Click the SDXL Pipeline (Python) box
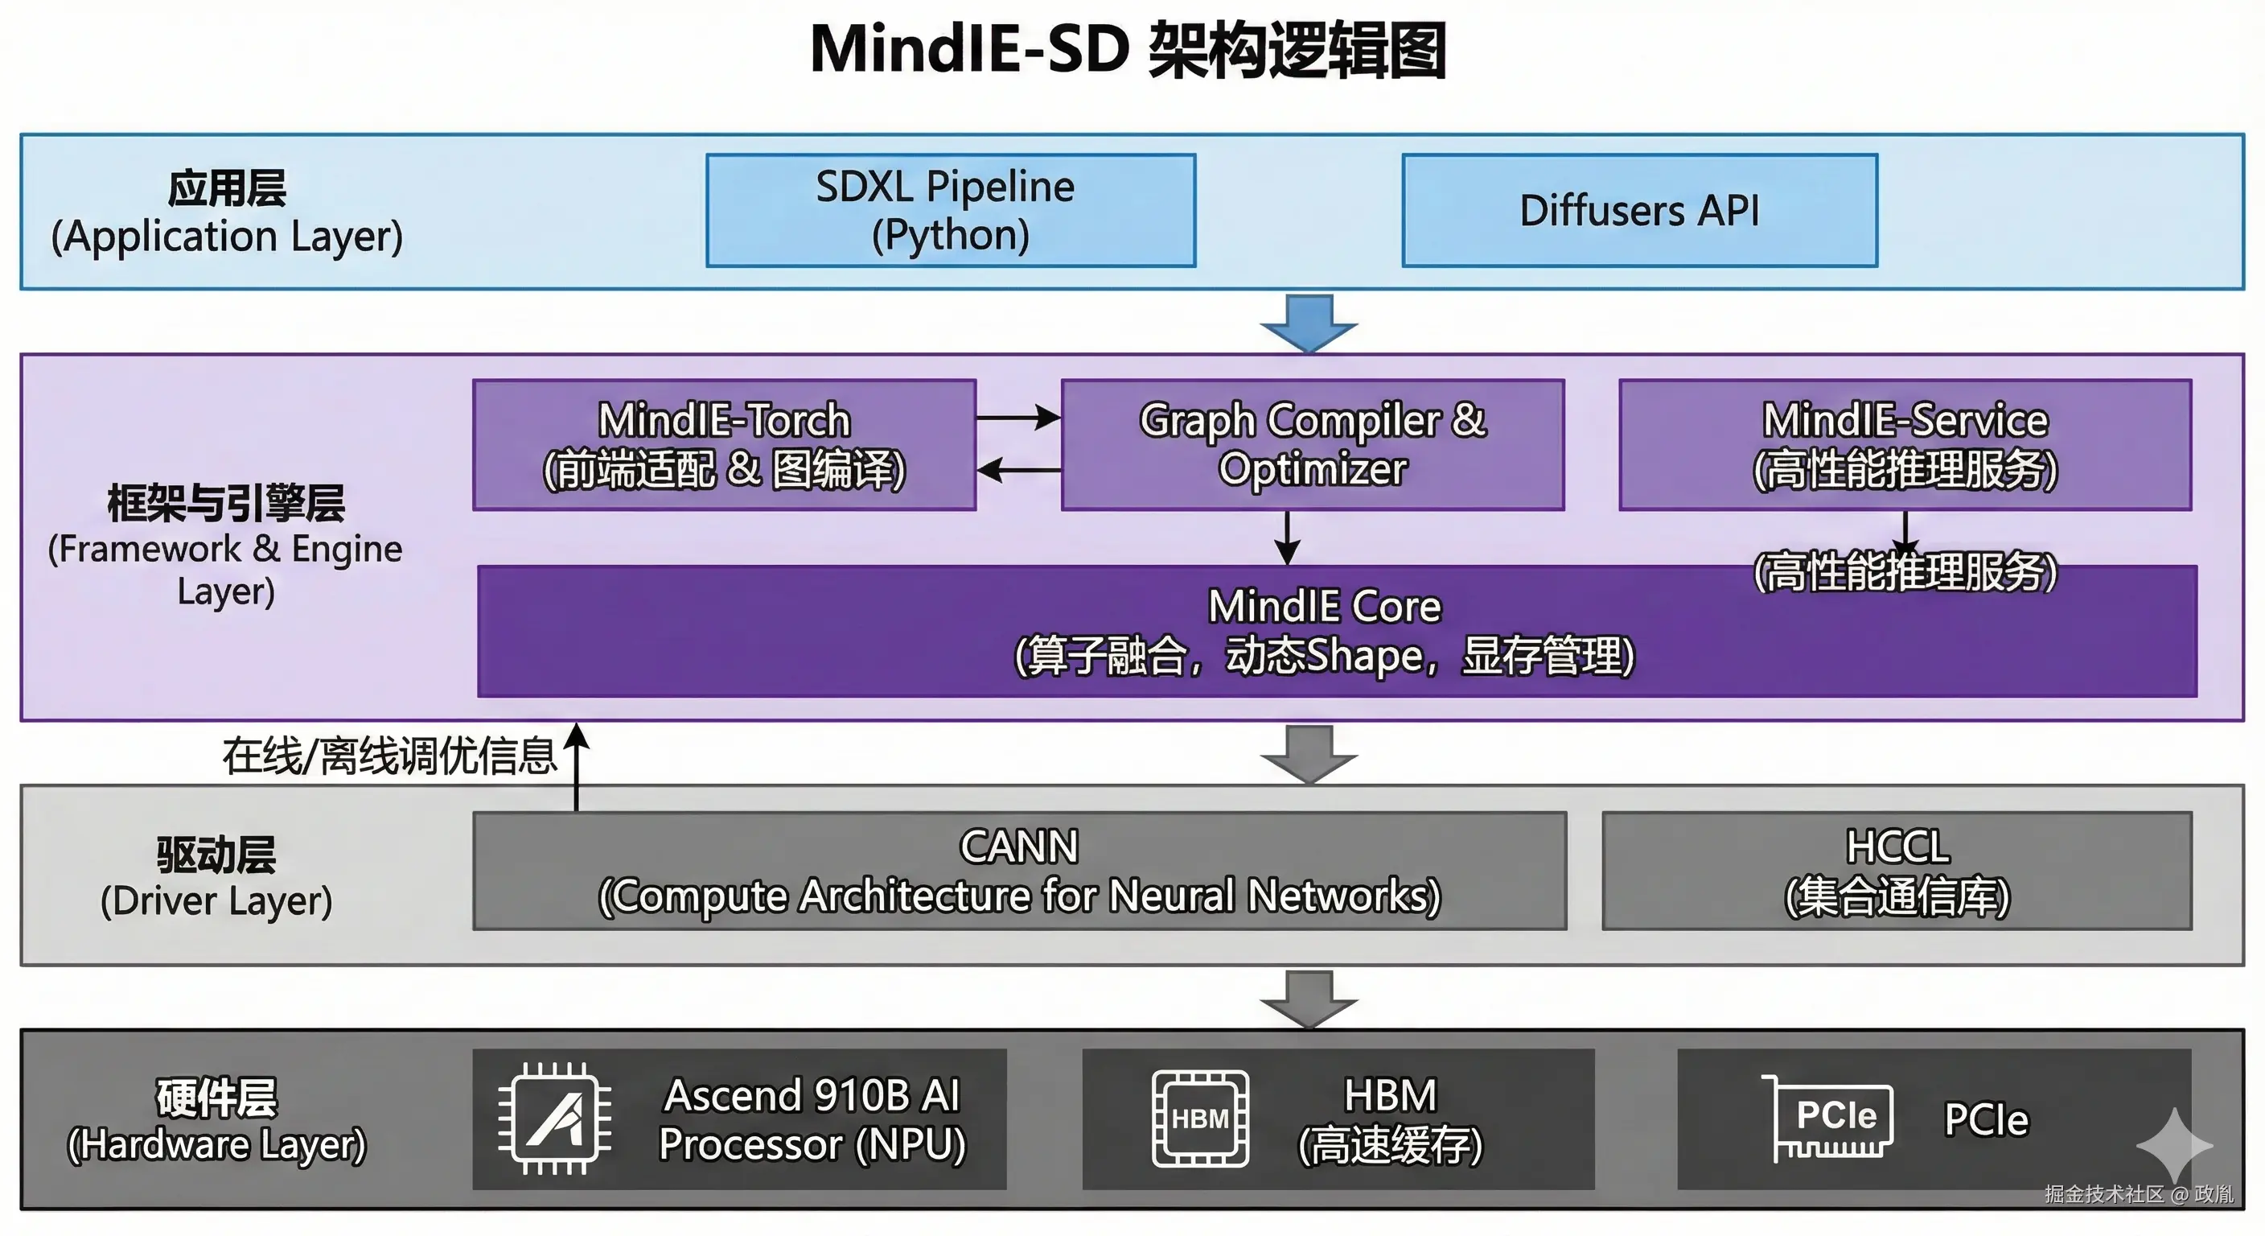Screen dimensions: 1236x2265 click(x=950, y=210)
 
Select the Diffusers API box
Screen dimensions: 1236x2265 click(x=1639, y=210)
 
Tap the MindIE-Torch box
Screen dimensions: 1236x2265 click(x=724, y=444)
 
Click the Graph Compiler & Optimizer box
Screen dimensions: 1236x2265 click(x=1312, y=444)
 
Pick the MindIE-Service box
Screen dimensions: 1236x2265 click(x=1905, y=444)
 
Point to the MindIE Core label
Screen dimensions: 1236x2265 click(x=1324, y=607)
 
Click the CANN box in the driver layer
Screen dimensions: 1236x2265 click(x=1019, y=870)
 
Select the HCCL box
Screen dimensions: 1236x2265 click(x=1897, y=870)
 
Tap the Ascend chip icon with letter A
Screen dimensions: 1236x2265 click(x=555, y=1119)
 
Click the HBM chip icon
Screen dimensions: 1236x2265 click(x=1200, y=1119)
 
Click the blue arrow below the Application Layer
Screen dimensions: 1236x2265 click(x=1309, y=322)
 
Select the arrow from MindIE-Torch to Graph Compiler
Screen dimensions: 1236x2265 click(x=1018, y=418)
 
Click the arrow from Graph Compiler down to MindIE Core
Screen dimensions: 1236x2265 click(x=1287, y=537)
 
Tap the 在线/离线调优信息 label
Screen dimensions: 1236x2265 click(x=389, y=756)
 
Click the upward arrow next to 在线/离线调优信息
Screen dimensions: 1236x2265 click(x=577, y=765)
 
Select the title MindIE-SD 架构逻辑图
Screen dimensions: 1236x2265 click(x=1129, y=50)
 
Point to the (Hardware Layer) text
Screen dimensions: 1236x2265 click(x=216, y=1144)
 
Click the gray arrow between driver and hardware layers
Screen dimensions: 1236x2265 click(x=1309, y=999)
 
